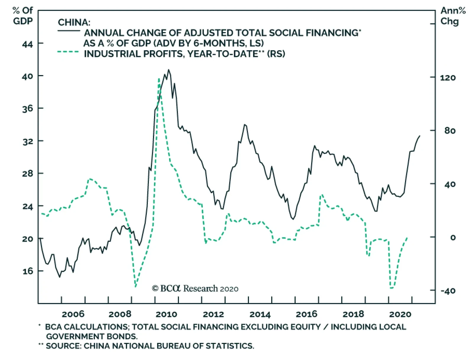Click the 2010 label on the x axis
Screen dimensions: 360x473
[166, 314]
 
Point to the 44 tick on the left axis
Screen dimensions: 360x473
[27, 44]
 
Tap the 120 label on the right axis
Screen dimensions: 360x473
[448, 78]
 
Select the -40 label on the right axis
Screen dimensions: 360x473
[448, 291]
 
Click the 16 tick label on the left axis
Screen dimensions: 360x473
[27, 271]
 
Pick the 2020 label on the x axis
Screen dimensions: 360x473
[400, 314]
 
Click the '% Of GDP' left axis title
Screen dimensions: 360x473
[23, 16]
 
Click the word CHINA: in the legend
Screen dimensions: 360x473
[74, 22]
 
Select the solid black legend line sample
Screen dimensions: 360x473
[69, 31]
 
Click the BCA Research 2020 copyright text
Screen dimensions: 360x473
[195, 289]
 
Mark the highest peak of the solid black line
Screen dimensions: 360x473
[169, 70]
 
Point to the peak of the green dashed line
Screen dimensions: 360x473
[159, 79]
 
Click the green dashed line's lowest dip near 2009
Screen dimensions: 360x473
[136, 286]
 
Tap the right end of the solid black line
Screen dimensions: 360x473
[420, 136]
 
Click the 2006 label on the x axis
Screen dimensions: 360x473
[73, 314]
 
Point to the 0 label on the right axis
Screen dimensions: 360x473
[453, 237]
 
